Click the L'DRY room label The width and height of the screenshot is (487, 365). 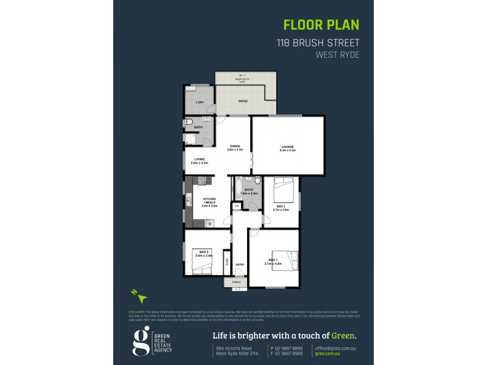point(199,102)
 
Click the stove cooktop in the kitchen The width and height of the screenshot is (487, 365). point(202,180)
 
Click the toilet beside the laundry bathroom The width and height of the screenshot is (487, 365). point(189,125)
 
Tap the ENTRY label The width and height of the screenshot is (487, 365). point(240,264)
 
